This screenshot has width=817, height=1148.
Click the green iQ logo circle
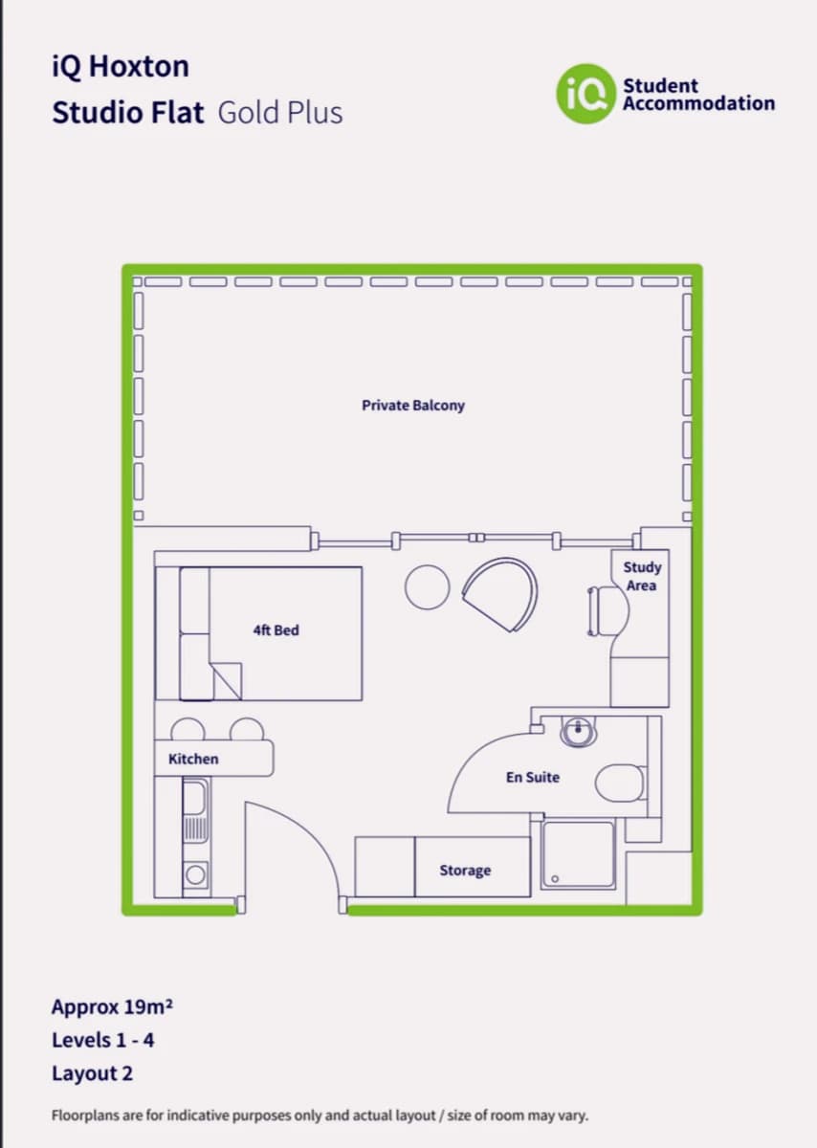[585, 94]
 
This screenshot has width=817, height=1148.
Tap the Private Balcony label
[413, 406]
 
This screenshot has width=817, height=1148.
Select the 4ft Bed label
[276, 630]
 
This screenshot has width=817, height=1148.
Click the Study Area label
[641, 576]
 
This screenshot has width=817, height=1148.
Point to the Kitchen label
[193, 759]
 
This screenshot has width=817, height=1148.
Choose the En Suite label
[533, 778]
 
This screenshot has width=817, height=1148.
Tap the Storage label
[465, 871]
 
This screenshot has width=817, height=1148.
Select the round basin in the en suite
[578, 733]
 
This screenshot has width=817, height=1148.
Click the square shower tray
[578, 854]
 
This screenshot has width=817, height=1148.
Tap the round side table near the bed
[427, 586]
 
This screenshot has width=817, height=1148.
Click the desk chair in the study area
[595, 610]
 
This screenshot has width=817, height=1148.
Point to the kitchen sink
[194, 796]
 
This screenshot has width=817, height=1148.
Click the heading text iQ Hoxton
[121, 67]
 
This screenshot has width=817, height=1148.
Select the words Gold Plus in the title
[280, 113]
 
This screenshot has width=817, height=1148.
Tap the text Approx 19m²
[112, 1007]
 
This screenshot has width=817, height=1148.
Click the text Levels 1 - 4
[103, 1040]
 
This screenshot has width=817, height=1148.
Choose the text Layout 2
[92, 1073]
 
